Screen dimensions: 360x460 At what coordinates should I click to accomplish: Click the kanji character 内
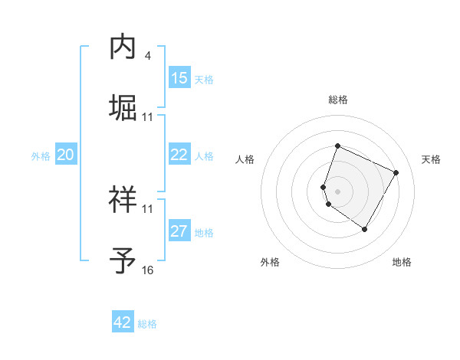[123, 47]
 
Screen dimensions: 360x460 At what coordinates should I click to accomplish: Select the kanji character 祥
[123, 200]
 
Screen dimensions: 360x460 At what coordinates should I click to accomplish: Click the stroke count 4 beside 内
[147, 56]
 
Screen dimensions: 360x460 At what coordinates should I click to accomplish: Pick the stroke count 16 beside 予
[147, 270]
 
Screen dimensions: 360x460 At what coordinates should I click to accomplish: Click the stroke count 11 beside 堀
[147, 116]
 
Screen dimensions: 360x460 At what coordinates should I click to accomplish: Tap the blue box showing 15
[179, 78]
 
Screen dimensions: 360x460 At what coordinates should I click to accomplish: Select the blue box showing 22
[179, 155]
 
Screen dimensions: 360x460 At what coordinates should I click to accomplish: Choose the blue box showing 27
[179, 231]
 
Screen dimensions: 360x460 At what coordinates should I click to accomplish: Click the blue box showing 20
[66, 155]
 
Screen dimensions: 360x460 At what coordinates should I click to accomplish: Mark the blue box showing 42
[123, 322]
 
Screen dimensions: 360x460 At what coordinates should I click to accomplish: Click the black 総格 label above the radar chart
[338, 100]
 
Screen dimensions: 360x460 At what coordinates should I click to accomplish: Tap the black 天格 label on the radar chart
[432, 159]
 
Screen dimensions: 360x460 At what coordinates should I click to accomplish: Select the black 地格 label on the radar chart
[402, 263]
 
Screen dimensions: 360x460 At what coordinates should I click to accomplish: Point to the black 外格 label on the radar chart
[270, 263]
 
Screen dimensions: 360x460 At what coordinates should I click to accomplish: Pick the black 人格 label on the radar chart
[245, 159]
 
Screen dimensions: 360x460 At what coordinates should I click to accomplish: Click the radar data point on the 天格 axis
[396, 172]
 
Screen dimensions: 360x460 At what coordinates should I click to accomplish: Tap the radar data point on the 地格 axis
[365, 229]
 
